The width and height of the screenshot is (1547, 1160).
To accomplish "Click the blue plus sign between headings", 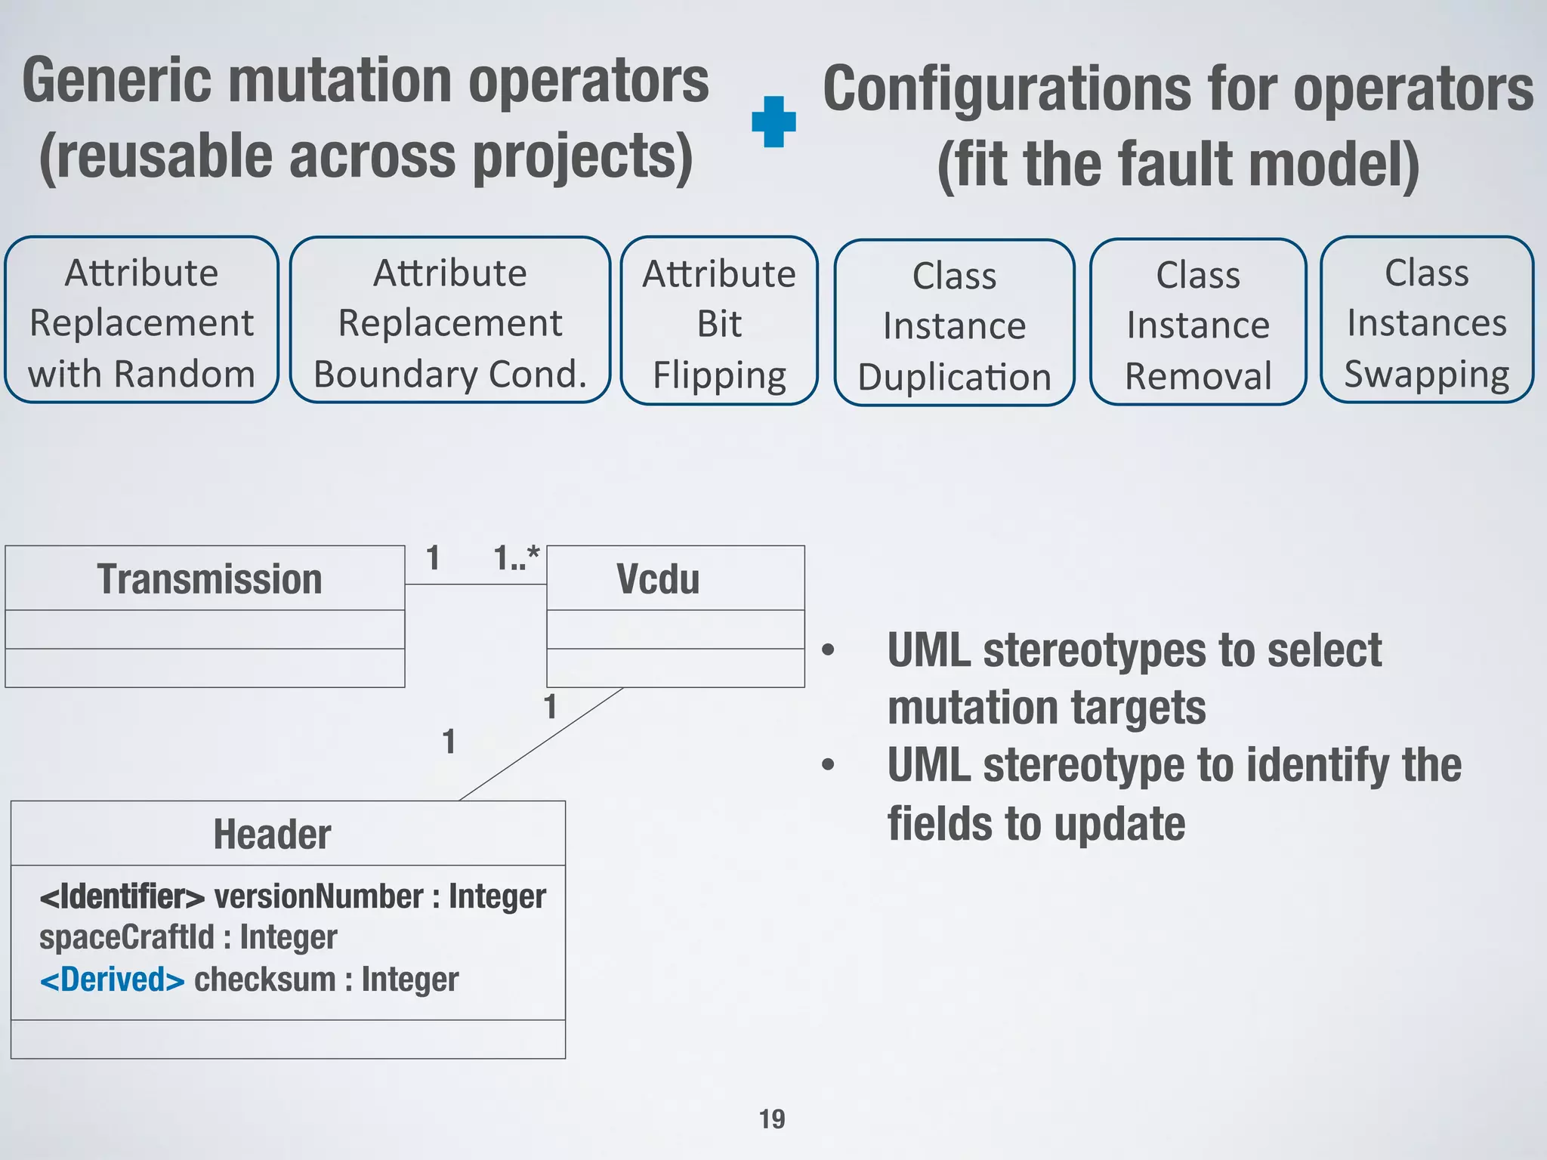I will [x=773, y=122].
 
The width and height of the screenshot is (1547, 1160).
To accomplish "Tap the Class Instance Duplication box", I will [x=954, y=324].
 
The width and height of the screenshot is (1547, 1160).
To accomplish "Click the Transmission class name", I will [x=209, y=579].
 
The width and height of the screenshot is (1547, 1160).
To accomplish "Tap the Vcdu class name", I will [x=657, y=579].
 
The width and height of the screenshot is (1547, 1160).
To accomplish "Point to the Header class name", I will [x=272, y=835].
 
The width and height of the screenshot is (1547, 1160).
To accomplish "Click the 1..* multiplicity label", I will [x=517, y=559].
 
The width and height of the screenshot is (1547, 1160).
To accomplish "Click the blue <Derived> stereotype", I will [x=112, y=980].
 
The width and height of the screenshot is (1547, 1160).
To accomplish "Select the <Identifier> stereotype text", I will [x=122, y=896].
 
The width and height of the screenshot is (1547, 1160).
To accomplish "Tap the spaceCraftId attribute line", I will [x=188, y=937].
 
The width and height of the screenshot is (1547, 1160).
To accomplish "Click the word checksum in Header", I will [x=264, y=980].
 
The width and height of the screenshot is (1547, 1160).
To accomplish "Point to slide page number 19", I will [x=772, y=1118].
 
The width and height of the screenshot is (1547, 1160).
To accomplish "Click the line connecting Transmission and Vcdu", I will [x=475, y=584].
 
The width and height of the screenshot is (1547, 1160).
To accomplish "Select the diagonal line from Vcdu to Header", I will [x=540, y=744].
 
